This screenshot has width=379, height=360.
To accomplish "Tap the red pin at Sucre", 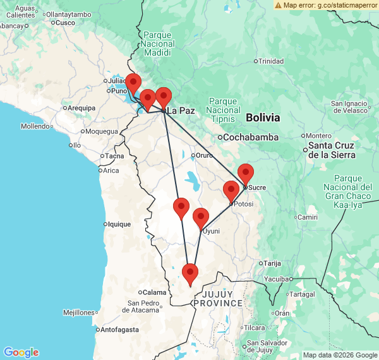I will click(245, 173).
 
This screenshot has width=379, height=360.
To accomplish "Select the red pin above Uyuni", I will click(201, 218).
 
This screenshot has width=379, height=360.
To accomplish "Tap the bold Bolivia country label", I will click(263, 117).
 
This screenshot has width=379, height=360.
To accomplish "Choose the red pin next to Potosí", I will click(231, 190).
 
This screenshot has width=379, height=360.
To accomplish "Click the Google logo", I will click(21, 352).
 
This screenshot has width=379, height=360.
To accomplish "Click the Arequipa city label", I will click(81, 108).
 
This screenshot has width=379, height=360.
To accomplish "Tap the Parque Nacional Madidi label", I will click(157, 44).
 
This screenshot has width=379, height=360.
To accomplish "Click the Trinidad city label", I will click(271, 61).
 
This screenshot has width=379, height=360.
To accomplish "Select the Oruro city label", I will click(203, 155).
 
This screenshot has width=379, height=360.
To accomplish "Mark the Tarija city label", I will click(272, 263).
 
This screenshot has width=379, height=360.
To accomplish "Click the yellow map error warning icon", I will click(278, 4).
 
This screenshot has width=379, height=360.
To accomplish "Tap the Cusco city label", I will click(65, 22).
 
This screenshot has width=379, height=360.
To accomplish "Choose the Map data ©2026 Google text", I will click(339, 355).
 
